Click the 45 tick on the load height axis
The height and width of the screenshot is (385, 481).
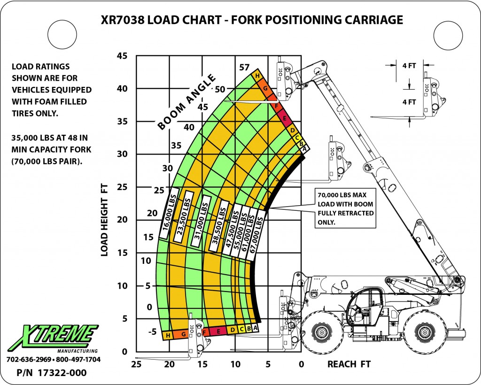[122, 56]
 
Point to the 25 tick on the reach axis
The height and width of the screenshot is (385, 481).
[136, 364]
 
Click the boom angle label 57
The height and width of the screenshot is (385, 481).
[244, 67]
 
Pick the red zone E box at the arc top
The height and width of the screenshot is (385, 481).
[284, 119]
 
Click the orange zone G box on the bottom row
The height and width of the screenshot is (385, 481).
[184, 334]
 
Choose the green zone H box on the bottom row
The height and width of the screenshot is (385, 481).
[168, 335]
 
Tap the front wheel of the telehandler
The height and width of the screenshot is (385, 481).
[322, 333]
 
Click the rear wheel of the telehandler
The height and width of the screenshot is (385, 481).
[425, 333]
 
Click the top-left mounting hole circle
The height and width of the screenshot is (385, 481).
[61, 34]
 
